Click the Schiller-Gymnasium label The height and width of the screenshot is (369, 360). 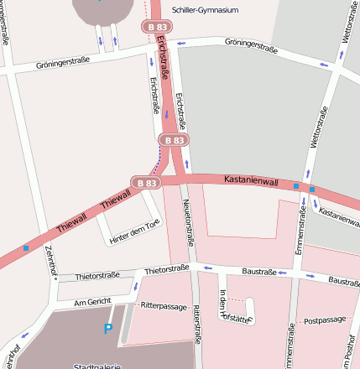pos(205,10)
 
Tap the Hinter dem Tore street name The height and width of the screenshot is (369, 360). pos(134,232)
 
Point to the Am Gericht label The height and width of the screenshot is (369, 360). pos(92,302)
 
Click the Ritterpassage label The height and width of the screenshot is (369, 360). pos(164,306)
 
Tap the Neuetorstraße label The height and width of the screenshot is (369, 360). pos(190,226)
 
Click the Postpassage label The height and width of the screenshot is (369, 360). pos(325,320)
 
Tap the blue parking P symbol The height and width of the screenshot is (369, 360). pos(107,330)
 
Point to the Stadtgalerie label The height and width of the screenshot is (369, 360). pos(97,366)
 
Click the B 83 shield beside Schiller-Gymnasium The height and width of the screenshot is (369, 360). pos(157,28)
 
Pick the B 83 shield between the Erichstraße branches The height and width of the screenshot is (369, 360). pos(175,140)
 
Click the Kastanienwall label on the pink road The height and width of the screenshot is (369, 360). pos(251,180)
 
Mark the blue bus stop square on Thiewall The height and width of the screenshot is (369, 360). pos(26,247)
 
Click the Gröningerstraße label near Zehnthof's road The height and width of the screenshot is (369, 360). pos(64,64)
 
